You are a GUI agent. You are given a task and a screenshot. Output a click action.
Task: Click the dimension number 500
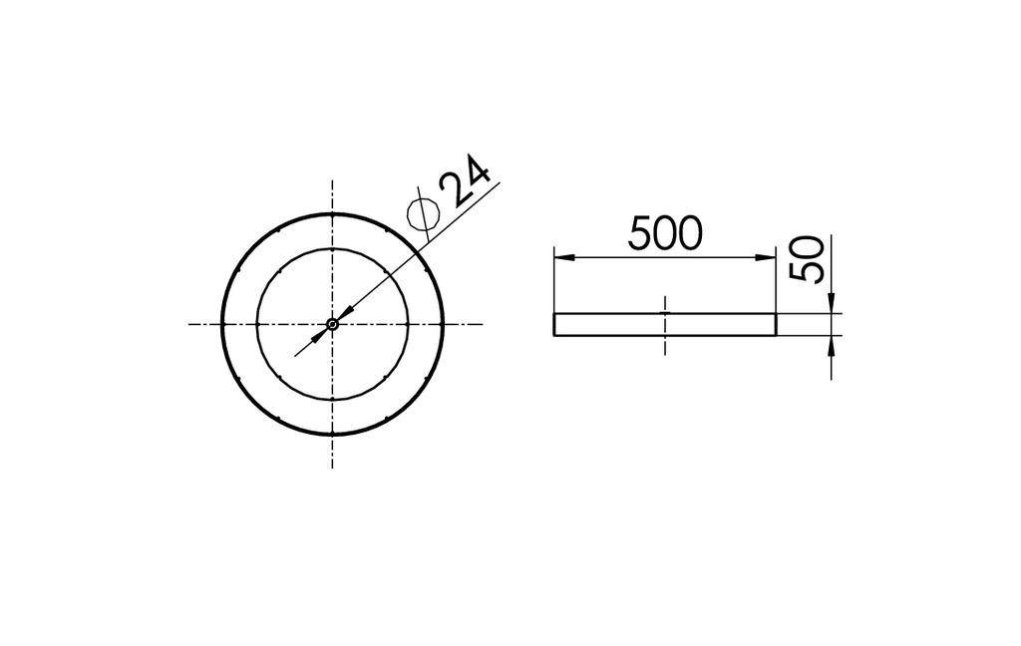[665, 233]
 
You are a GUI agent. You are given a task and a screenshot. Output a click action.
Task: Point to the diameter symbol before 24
[424, 212]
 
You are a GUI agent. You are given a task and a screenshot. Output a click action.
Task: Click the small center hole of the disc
[332, 323]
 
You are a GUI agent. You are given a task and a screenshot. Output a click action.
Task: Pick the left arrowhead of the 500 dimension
[563, 257]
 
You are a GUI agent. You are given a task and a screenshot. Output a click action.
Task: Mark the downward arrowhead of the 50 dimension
[831, 303]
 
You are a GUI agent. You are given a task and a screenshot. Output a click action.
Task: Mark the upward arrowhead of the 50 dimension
[831, 345]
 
